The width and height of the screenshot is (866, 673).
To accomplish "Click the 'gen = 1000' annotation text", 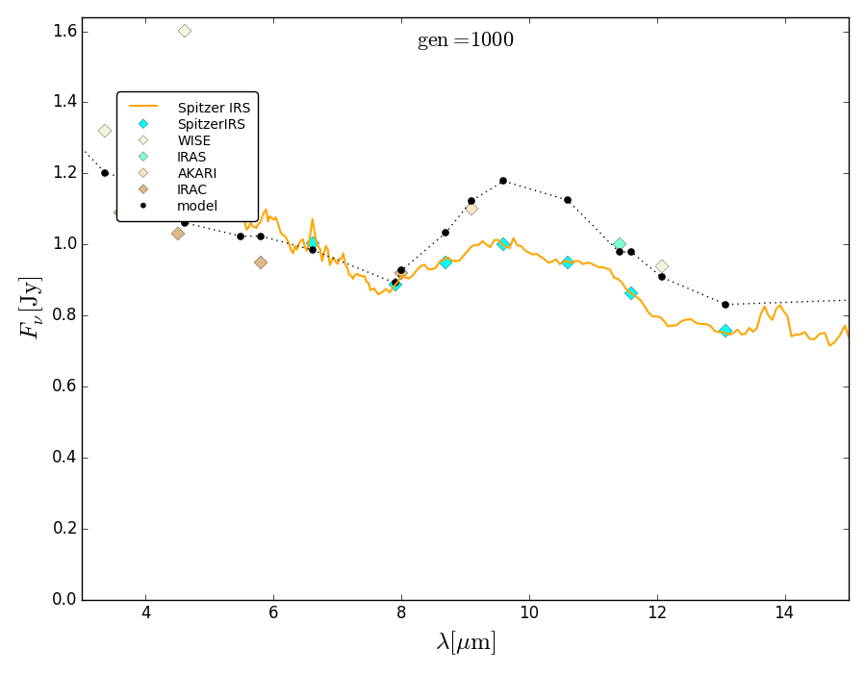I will pyautogui.click(x=465, y=40).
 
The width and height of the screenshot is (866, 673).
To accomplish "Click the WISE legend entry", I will pyautogui.click(x=193, y=140).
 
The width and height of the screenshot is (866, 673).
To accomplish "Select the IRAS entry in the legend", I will pyautogui.click(x=191, y=157).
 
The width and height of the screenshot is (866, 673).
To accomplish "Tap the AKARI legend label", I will pyautogui.click(x=196, y=173).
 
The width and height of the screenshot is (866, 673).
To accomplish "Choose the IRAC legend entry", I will pyautogui.click(x=191, y=189).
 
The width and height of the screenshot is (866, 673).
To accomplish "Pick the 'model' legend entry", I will pyautogui.click(x=197, y=206).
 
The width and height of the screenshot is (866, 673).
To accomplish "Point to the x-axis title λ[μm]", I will pyautogui.click(x=466, y=642).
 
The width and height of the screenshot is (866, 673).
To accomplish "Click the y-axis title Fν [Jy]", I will pyautogui.click(x=31, y=308).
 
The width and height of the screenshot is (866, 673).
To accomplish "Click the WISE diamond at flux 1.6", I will pyautogui.click(x=185, y=31).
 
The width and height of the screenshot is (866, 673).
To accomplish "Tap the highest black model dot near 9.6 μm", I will pyautogui.click(x=502, y=181).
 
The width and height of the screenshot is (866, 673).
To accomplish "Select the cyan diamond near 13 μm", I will pyautogui.click(x=726, y=331).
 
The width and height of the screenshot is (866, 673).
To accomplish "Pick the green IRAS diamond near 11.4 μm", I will pyautogui.click(x=620, y=244).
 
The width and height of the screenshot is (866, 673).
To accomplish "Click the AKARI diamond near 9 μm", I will pyautogui.click(x=471, y=209).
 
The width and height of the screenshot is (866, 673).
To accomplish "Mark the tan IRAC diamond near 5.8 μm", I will pyautogui.click(x=261, y=262).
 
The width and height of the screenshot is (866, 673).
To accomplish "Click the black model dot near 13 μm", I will pyautogui.click(x=726, y=305).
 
